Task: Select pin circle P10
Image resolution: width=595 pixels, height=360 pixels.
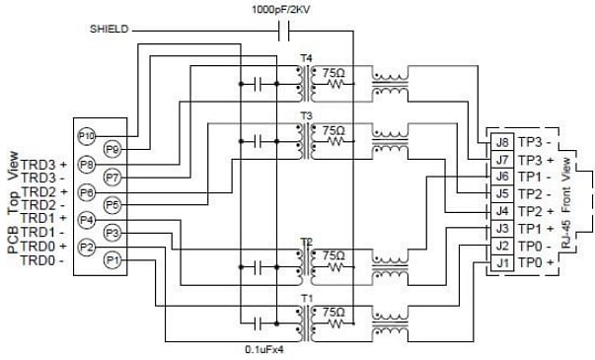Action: point(85,135)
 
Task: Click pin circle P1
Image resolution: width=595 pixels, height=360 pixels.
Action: point(112,260)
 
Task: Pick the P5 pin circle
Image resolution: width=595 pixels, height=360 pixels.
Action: point(112,205)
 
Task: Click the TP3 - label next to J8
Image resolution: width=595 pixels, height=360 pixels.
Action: point(539,142)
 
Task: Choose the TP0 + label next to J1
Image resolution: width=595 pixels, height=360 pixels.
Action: point(539,263)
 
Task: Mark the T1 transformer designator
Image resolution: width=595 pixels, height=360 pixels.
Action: point(306,297)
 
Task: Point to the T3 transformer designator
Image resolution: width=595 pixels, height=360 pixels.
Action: point(306,116)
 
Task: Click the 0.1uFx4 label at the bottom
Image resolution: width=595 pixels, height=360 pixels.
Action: point(265,349)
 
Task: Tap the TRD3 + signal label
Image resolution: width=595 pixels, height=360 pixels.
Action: point(43,164)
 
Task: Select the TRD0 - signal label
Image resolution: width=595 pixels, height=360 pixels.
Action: point(41,260)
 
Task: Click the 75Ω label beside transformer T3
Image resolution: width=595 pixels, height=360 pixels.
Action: point(334,129)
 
